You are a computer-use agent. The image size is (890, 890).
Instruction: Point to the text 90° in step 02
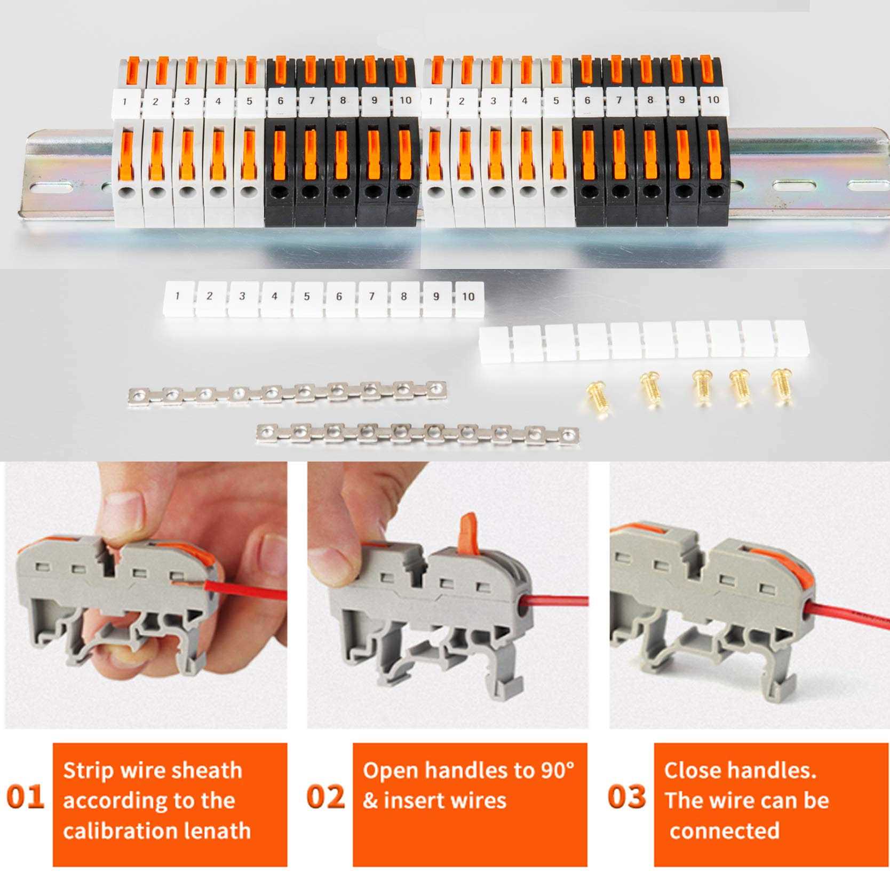(558, 770)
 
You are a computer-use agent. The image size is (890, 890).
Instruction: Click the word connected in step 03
(724, 831)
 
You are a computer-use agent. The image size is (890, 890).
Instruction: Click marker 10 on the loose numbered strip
(468, 297)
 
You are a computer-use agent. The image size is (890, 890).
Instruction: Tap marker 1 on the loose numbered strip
(177, 296)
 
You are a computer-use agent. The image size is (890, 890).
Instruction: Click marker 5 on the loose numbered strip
(307, 297)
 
